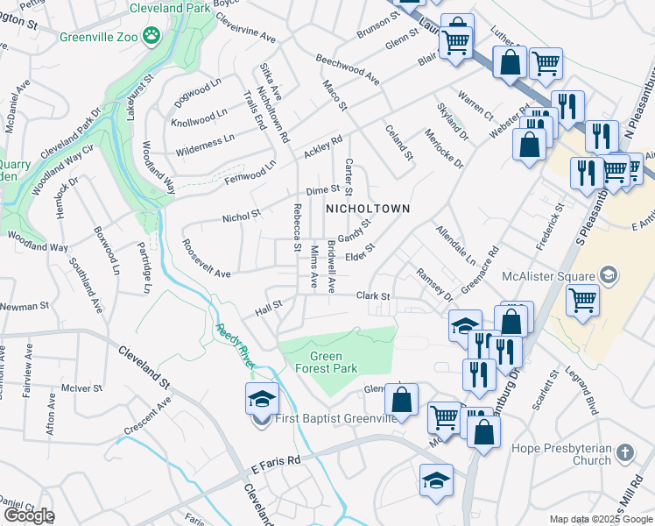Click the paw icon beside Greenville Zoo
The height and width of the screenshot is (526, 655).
coord(153,36)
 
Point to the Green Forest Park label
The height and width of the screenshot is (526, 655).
coord(333,363)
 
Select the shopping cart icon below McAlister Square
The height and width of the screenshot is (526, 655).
coord(582,300)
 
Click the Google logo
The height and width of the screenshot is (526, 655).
coord(28,515)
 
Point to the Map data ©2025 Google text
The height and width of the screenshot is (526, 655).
coord(601,519)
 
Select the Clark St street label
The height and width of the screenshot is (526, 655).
coord(372,296)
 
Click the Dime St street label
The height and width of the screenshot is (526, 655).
coord(322,190)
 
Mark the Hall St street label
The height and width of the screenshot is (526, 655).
coord(268,308)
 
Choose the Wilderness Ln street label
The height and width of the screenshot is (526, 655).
coord(205,138)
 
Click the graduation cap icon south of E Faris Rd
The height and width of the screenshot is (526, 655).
coord(436,480)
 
